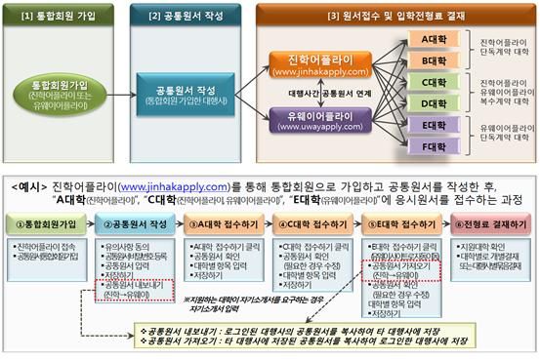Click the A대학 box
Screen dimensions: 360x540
tap(428, 39)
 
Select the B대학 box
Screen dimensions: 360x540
tap(428, 60)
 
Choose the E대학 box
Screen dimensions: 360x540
tap(428, 126)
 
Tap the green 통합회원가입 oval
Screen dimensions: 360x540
tap(60, 95)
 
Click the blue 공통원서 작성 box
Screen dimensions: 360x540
tap(186, 95)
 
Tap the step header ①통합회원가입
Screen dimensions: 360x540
tap(43, 223)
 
